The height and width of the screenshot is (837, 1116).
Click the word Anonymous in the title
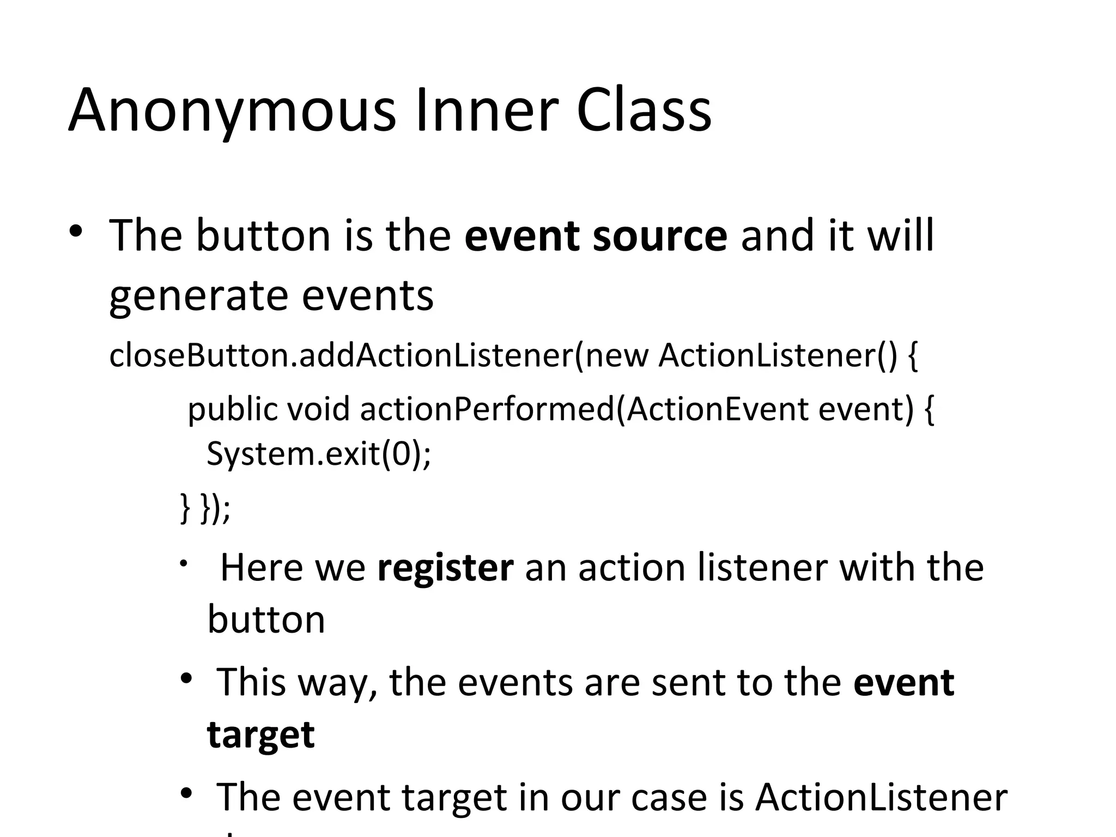click(232, 112)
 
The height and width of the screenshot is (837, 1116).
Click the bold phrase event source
click(596, 236)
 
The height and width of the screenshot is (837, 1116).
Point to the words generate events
click(271, 296)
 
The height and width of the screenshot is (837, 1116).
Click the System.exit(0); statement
click(318, 453)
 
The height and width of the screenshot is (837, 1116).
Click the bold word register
click(445, 568)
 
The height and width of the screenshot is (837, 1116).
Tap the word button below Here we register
click(266, 620)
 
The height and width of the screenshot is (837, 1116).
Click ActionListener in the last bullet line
click(881, 798)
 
